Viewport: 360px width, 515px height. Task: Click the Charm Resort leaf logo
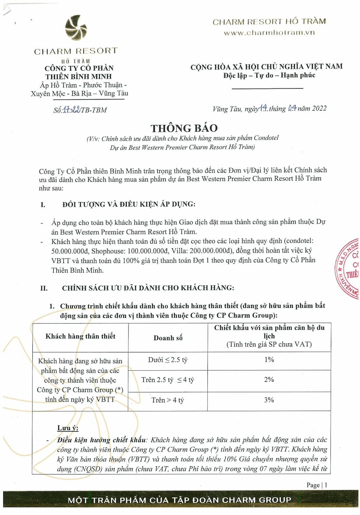point(76,28)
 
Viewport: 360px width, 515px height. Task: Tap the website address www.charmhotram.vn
point(269,33)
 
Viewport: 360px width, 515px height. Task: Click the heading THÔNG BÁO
point(184,128)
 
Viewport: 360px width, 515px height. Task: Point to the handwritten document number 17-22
point(72,110)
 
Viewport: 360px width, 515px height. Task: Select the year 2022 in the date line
point(319,109)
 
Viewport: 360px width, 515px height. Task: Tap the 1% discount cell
point(269,360)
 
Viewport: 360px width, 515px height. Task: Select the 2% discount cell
point(269,380)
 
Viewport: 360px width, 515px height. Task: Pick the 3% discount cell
point(269,400)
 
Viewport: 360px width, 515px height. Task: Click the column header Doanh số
point(168,338)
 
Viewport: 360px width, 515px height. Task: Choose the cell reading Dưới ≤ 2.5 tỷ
point(168,360)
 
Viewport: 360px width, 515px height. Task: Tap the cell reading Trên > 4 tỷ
point(168,400)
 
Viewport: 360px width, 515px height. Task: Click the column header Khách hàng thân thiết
point(80,336)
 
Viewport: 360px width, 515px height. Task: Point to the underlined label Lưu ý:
point(68,428)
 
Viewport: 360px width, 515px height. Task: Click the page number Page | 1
point(317,485)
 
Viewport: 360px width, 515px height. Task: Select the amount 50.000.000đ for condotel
point(70,251)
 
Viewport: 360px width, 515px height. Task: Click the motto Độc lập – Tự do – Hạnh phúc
point(269,75)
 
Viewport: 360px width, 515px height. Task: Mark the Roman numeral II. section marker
point(44,288)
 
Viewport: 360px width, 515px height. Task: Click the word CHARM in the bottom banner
point(239,500)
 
